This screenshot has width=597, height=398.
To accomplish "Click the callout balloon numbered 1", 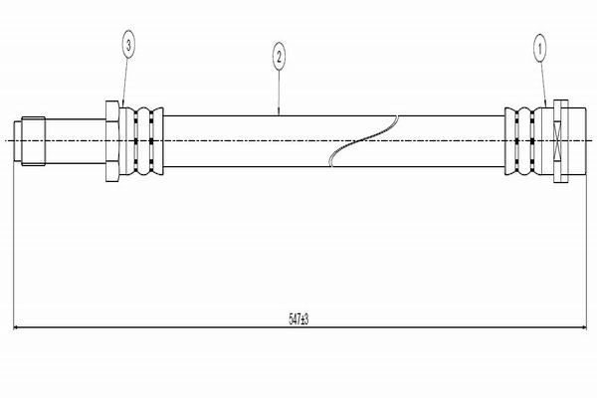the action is (539, 49).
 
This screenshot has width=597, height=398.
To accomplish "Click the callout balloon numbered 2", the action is (279, 57).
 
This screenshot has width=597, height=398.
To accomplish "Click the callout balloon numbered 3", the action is (128, 45).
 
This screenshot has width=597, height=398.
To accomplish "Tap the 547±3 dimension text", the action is (298, 319).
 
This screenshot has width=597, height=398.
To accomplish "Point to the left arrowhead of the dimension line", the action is (17, 327).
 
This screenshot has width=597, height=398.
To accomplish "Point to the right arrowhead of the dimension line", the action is (583, 327).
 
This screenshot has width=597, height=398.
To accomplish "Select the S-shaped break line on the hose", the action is (363, 141).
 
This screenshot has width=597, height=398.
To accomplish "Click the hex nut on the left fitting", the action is (112, 141).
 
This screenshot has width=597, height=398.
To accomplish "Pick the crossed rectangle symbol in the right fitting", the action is (558, 141).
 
